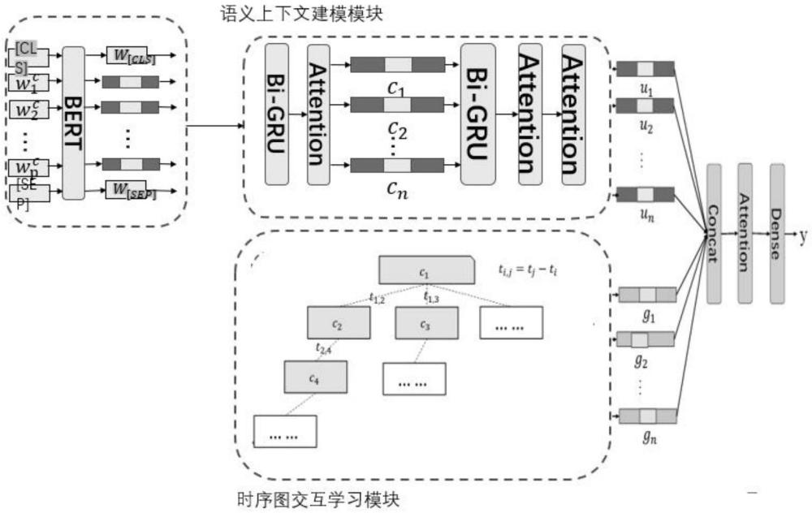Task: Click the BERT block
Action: point(73,123)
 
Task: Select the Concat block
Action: point(715,234)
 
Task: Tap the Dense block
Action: point(777,234)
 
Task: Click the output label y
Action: point(803,236)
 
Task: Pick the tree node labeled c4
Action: point(315,378)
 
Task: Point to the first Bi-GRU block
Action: point(278,114)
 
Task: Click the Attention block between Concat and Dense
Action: point(745,234)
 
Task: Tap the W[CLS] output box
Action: point(130,56)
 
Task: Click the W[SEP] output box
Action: point(130,192)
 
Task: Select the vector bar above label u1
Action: point(645,69)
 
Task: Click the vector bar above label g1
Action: point(647,294)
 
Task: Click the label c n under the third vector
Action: point(396,191)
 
